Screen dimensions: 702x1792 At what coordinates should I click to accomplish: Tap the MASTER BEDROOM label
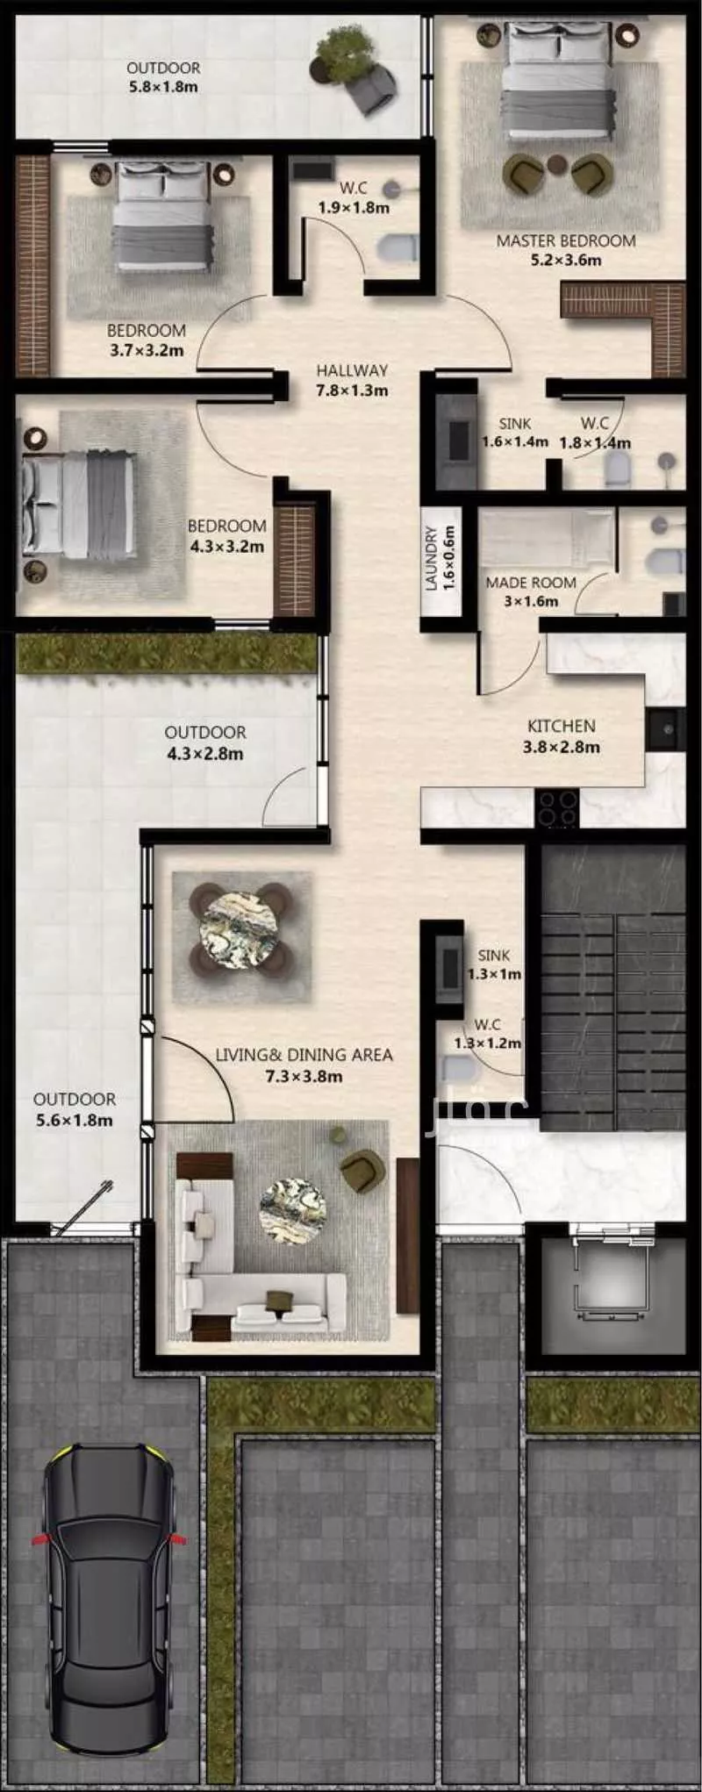tap(566, 240)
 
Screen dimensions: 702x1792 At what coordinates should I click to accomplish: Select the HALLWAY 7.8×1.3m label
tap(352, 380)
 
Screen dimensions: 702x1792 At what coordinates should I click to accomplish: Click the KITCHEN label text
tap(562, 726)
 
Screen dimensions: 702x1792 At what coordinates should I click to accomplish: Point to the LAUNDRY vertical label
tap(431, 558)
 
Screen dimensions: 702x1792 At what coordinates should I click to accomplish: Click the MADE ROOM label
tap(531, 583)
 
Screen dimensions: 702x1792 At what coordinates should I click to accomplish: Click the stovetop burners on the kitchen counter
tap(557, 808)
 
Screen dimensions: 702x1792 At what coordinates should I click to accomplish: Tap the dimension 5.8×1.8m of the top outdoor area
tap(163, 87)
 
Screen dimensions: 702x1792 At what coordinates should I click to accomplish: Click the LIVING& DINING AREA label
tap(304, 1055)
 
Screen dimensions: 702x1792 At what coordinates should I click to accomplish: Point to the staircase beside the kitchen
tap(612, 988)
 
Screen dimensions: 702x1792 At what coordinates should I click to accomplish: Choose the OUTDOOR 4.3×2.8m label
tap(205, 742)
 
